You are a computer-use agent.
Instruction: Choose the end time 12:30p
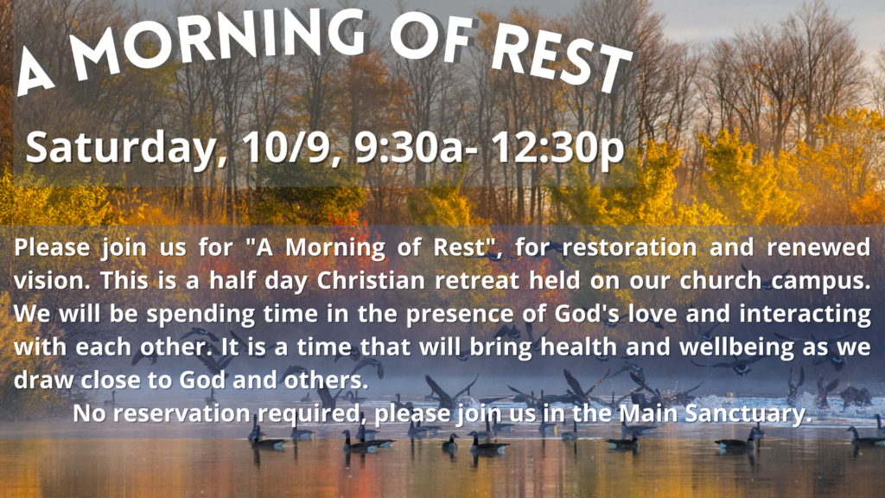coord(556,149)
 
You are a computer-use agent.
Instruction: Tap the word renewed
coord(818,247)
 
